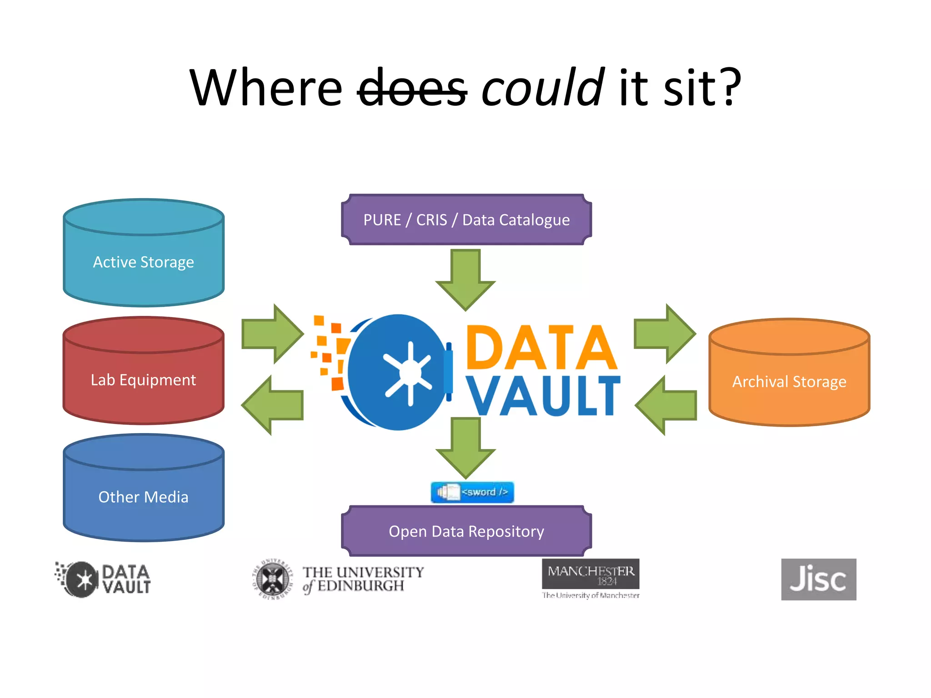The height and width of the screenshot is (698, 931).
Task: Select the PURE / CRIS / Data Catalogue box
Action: point(466,220)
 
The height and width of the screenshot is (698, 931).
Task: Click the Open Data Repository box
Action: point(466,531)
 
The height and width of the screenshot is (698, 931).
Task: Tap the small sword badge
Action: point(472,492)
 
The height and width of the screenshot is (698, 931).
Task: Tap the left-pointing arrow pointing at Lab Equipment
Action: point(272,405)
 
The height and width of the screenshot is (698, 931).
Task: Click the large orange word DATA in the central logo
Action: point(541,348)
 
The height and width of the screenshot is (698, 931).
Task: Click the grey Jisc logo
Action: point(818,579)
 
